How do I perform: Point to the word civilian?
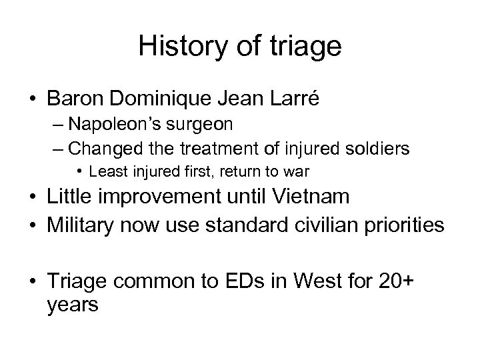325,225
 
